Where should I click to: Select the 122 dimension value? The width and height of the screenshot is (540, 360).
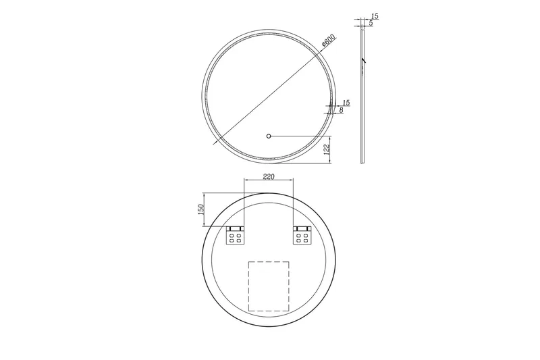(327, 149)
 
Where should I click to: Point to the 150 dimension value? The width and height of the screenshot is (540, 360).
(200, 210)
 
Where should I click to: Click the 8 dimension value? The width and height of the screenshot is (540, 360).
(342, 109)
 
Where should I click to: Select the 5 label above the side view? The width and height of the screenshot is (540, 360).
(371, 24)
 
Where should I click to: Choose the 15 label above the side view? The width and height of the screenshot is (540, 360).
(374, 16)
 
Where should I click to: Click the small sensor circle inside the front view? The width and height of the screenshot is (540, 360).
(269, 136)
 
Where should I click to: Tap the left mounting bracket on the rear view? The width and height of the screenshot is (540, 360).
(236, 235)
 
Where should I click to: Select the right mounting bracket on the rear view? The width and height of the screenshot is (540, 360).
(301, 235)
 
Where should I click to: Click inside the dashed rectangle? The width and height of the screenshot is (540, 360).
(269, 286)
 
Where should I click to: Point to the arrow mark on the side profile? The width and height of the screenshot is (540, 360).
(362, 61)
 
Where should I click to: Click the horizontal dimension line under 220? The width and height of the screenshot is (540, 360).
(268, 180)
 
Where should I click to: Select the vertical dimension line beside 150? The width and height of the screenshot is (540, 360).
(205, 210)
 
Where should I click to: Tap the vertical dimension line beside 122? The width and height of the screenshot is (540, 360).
(331, 149)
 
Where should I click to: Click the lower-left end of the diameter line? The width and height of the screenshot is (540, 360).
(215, 143)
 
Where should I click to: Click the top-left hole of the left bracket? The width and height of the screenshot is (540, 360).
(232, 236)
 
